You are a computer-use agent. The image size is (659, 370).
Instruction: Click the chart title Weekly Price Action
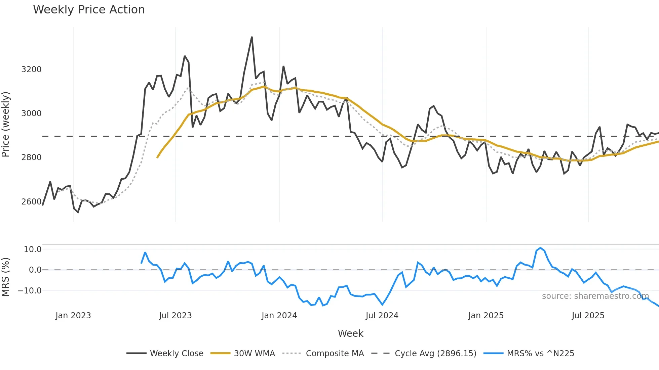(89, 10)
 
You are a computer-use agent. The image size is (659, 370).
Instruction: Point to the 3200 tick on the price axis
(31, 70)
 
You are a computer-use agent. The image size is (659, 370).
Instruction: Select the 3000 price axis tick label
(31, 113)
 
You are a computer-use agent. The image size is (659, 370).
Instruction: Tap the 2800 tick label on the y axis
(31, 157)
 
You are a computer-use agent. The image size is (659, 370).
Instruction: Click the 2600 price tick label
(31, 202)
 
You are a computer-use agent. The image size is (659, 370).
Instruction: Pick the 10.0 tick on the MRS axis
(33, 249)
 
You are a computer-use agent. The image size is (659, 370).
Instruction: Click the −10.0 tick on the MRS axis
(30, 291)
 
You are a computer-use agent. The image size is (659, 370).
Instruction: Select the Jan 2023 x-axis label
(73, 316)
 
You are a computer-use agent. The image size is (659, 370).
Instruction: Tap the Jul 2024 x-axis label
(382, 316)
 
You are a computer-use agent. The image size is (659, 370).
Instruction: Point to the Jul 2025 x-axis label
(588, 316)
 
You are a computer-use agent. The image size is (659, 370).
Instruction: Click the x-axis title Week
(350, 333)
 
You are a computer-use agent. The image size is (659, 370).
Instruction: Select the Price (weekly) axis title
(6, 124)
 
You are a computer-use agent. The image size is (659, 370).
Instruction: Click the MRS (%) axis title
(6, 277)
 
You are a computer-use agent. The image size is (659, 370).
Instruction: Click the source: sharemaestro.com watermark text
(595, 296)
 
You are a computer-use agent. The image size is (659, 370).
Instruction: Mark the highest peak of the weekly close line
(252, 37)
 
